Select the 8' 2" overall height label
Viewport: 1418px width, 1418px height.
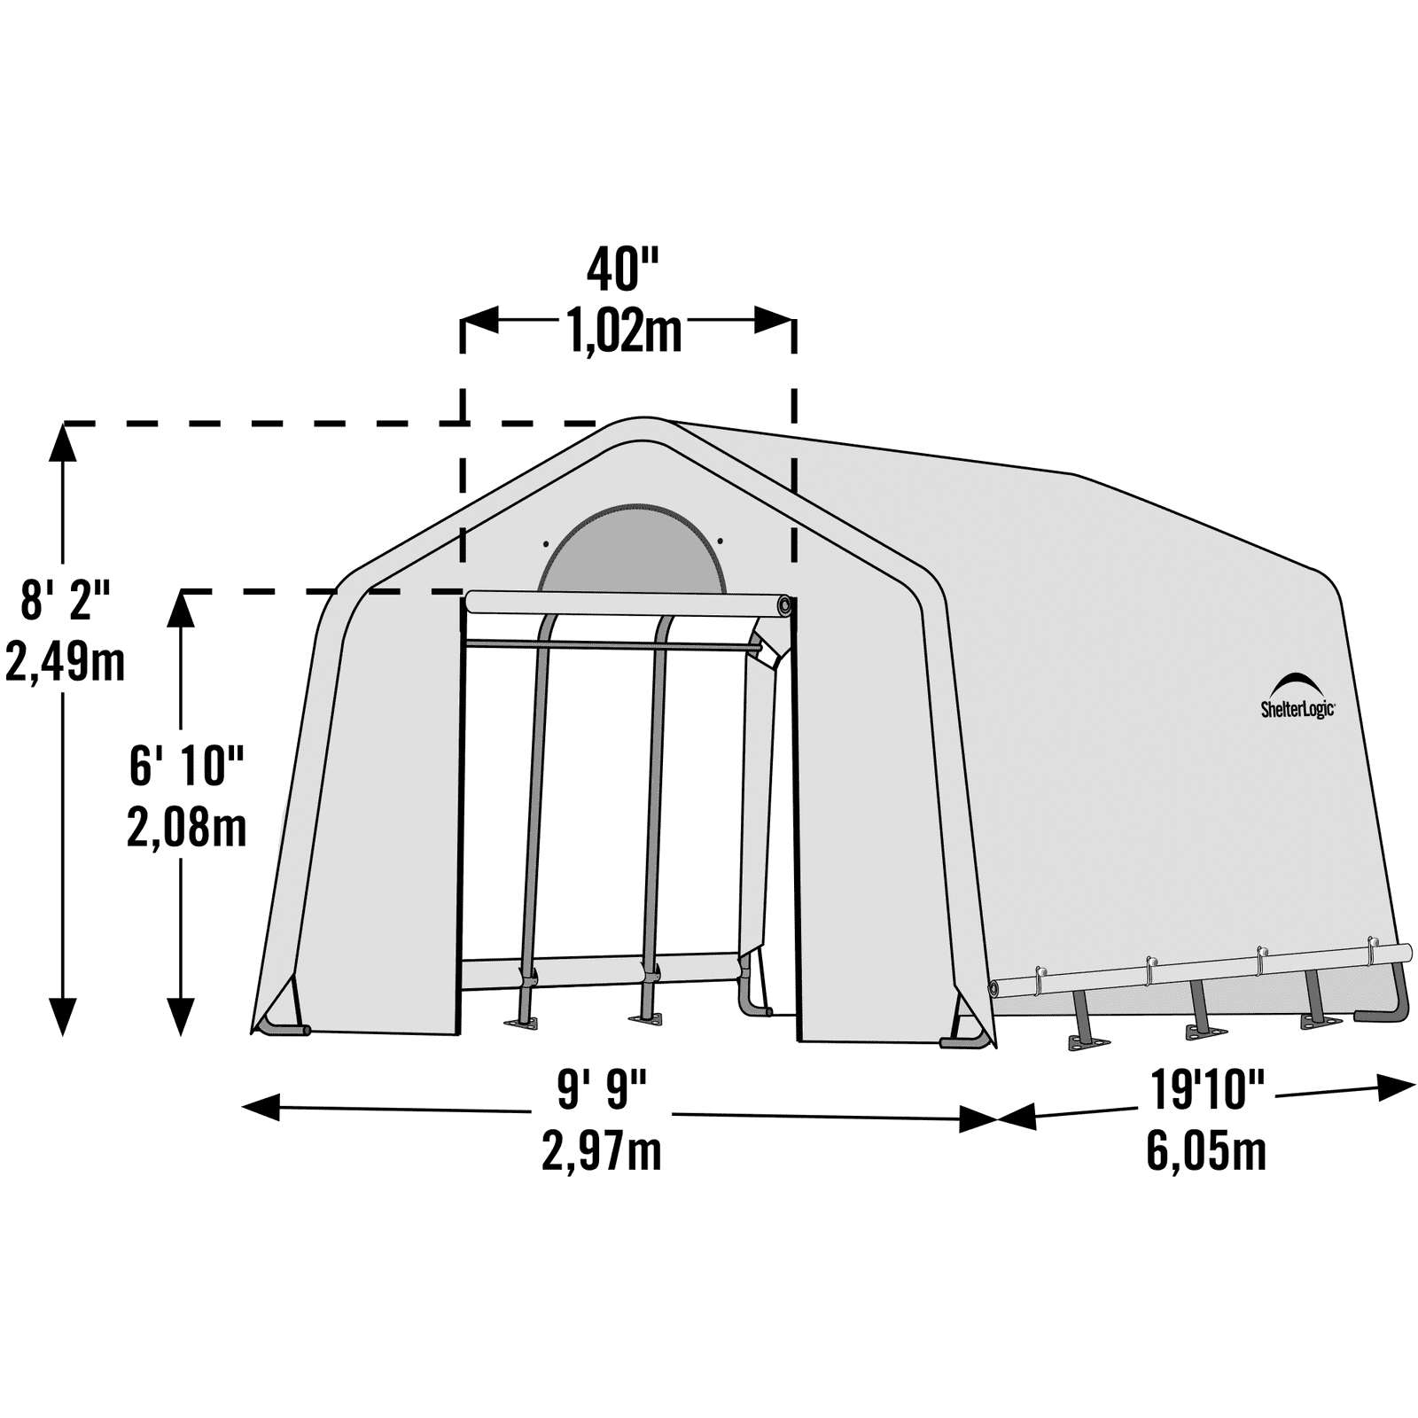pyautogui.click(x=65, y=599)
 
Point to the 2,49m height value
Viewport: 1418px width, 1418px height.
pyautogui.click(x=65, y=661)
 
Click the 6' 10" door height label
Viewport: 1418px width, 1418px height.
pyautogui.click(x=186, y=765)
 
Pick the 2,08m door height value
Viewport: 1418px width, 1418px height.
pyautogui.click(x=186, y=828)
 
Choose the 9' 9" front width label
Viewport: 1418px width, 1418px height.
pyautogui.click(x=602, y=1089)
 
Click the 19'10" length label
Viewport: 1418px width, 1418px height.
pyautogui.click(x=1207, y=1089)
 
